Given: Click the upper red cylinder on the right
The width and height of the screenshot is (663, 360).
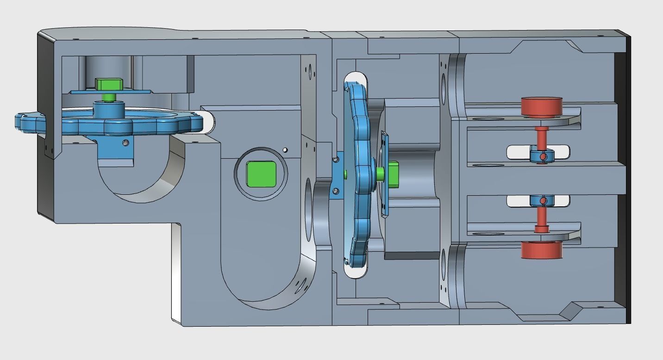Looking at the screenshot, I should (x=541, y=107).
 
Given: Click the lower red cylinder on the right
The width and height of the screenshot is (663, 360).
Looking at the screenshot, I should (x=542, y=250).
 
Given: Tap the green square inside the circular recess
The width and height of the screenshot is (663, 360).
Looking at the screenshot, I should (x=261, y=174).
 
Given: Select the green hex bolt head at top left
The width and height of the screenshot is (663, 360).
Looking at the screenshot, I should (x=109, y=84).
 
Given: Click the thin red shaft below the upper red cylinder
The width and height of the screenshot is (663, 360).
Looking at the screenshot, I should (x=541, y=137).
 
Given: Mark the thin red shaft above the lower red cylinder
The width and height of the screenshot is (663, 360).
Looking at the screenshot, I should (x=541, y=217).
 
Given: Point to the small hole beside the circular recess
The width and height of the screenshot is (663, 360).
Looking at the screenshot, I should (x=285, y=150).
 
